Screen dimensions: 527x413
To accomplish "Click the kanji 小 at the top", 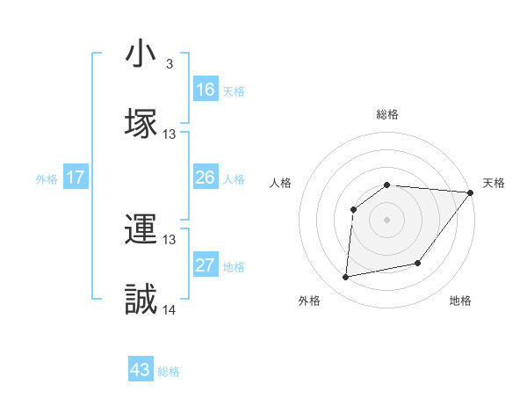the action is pos(141,54).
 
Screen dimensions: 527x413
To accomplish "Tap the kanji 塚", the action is pos(141,122).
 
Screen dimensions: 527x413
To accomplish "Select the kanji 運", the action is pos(141,230).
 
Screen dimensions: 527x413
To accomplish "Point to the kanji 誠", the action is pos(141,299).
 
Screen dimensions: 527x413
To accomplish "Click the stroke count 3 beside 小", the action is pos(169,65).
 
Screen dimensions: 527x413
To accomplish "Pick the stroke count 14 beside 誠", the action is pos(170,309).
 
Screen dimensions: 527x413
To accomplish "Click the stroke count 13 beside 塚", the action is pos(170,134).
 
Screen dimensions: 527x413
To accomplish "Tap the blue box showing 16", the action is pos(205,90).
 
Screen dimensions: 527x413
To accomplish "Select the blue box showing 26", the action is pos(205,178).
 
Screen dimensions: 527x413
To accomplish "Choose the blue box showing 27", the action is pos(205,265).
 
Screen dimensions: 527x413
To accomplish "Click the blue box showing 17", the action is pos(76,178).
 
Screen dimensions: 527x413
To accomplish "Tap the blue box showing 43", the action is pos(141,370).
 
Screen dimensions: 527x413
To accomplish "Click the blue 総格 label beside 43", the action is pos(169,372).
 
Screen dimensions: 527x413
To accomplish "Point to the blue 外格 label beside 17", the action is pos(47,179).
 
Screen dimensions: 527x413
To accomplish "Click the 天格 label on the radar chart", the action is pos(494,183).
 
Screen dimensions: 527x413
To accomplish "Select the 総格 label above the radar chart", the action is pos(387,114).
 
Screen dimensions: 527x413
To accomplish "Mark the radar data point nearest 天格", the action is pos(471,192).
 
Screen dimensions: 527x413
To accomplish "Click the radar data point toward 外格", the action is pos(346,277).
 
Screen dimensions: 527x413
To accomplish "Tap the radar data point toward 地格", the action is pos(418,263).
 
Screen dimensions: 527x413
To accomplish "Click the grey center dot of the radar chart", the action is pos(387,219).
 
